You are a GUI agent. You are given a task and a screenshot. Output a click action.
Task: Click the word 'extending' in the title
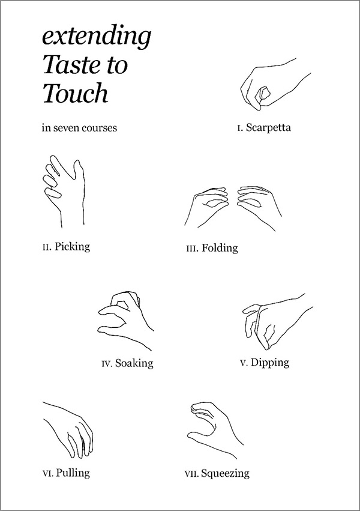coord(97,37)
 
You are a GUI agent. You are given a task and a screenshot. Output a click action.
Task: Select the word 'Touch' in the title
coord(75,92)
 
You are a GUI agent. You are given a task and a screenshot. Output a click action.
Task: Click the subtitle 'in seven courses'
coord(79,127)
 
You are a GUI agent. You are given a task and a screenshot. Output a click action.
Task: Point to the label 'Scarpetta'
coord(268,127)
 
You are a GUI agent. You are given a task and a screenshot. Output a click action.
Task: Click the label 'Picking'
coord(72,246)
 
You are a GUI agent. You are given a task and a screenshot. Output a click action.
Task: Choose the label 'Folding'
coord(220,248)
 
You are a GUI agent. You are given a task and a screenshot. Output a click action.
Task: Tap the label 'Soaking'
coord(134,363)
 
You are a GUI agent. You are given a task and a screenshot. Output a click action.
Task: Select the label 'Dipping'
coord(270,363)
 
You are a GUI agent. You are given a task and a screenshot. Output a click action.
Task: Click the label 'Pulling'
coord(73,473)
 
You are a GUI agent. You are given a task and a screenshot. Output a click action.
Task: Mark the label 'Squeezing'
coord(225,473)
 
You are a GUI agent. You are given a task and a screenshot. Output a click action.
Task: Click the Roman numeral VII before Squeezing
coord(191,474)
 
